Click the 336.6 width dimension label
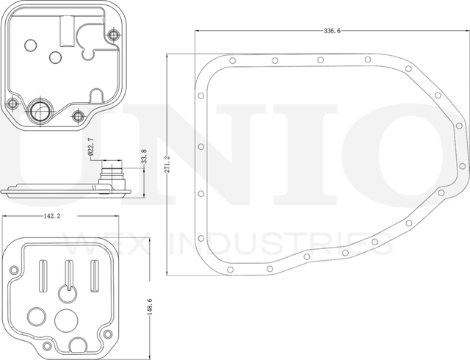pos(332,31)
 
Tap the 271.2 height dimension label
pos(167,164)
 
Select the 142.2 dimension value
pos(52,216)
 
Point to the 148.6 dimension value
pos(150,306)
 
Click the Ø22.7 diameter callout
pos(91,147)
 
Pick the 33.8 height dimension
pos(144,156)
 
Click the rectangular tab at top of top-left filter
pos(67,31)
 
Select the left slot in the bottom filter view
pos(43,276)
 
